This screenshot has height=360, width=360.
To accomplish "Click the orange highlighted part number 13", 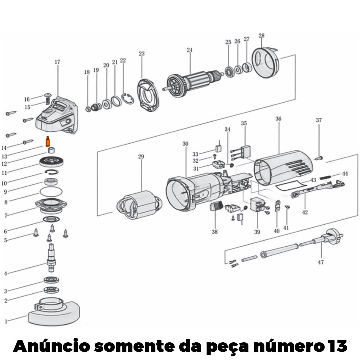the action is tap(48, 141).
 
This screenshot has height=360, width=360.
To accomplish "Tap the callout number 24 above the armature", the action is tap(189, 50).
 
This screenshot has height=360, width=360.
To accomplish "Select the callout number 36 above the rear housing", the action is tap(278, 119).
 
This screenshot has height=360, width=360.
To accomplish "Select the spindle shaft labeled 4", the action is tap(51, 258).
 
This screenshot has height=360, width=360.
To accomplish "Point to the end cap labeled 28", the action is tap(265, 62).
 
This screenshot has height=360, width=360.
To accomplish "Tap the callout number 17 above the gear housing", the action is tap(57, 62).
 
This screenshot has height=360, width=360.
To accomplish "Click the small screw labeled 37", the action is tap(319, 158).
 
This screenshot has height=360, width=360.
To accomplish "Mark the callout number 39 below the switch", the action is tap(257, 232).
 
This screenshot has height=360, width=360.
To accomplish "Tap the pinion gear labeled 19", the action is tap(96, 107).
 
